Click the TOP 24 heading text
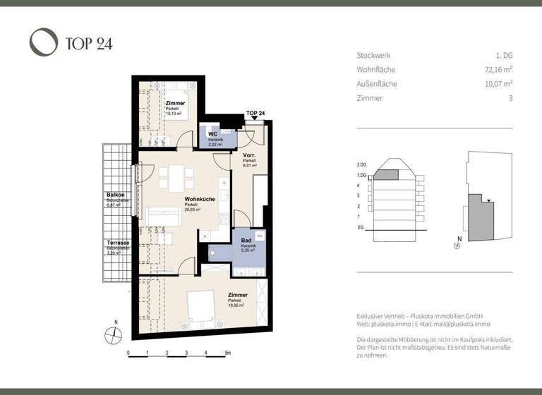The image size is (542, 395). tap(88, 44)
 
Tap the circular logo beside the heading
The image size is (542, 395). tap(43, 42)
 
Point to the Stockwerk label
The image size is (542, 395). tap(373, 55)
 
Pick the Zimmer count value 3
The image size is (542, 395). tap(510, 98)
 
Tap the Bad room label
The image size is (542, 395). tap(246, 241)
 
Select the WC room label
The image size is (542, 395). tap(211, 134)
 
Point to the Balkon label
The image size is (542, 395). tap(116, 195)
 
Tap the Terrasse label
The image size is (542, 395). tap(118, 242)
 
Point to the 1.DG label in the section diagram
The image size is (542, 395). tap(363, 175)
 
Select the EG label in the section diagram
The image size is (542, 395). tap(361, 228)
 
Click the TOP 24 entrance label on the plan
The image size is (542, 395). tap(255, 113)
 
